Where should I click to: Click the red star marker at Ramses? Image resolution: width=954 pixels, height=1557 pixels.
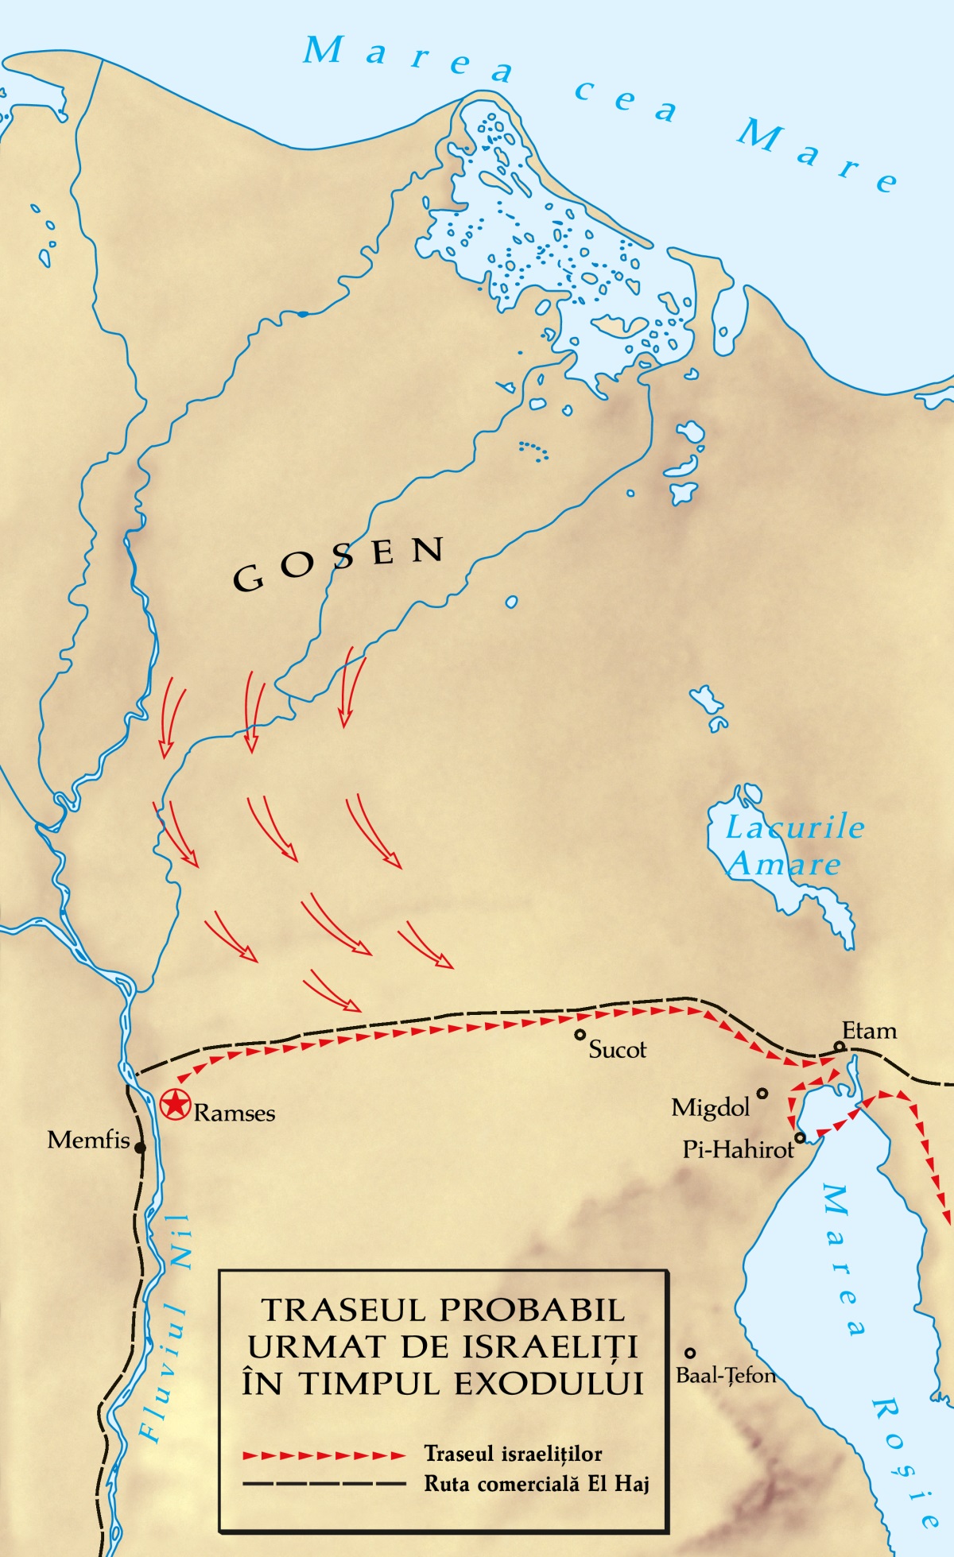coord(175,1105)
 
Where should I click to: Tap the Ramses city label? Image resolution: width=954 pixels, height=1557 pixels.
coord(235,1113)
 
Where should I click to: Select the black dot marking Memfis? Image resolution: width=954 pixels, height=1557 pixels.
coord(140,1148)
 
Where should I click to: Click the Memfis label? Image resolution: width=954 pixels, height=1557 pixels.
coord(88,1140)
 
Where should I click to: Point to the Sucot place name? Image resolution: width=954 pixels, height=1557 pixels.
coord(617,1050)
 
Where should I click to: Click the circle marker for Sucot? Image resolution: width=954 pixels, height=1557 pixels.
coord(580,1035)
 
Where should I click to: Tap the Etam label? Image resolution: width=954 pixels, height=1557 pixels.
coord(869,1031)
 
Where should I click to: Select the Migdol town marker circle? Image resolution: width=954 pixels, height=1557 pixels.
coord(762,1094)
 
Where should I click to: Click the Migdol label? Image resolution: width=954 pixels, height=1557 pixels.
coord(711,1107)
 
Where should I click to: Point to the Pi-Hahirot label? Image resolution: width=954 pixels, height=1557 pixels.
coord(738,1149)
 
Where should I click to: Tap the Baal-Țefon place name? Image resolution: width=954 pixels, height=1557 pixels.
coord(725,1375)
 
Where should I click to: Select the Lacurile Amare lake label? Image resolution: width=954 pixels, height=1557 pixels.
coord(791,846)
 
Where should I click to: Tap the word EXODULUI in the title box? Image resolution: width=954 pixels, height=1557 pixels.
coord(549,1384)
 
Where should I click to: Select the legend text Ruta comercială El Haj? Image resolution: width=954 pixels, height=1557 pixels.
coord(537,1484)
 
